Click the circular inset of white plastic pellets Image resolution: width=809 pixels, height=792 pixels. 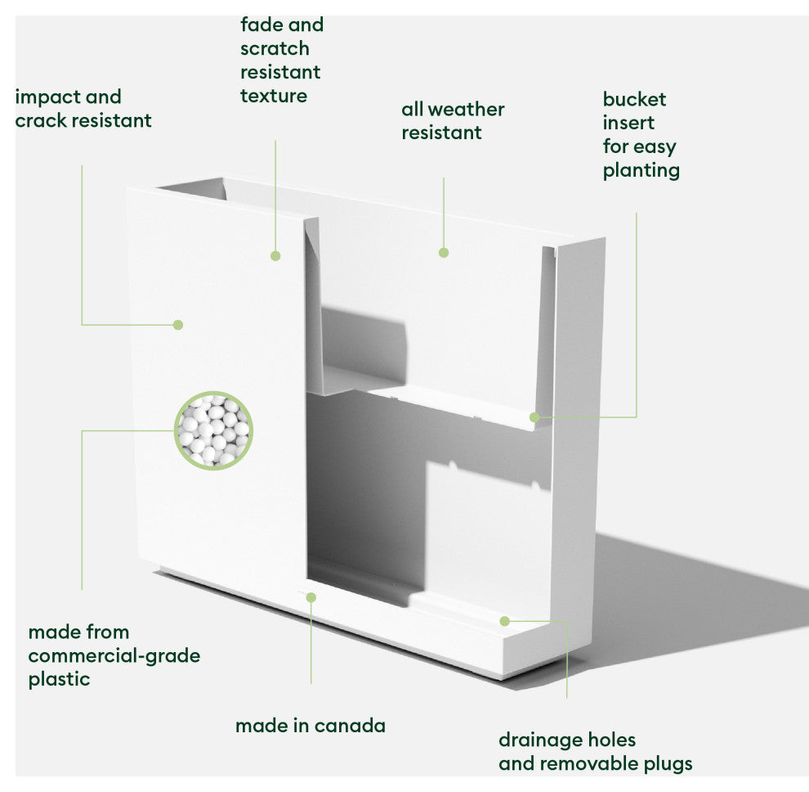(214, 430)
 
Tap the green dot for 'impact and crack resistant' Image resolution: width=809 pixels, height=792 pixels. (178, 325)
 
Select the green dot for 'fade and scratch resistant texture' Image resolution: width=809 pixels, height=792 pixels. (275, 256)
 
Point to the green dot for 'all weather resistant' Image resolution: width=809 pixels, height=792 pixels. (444, 253)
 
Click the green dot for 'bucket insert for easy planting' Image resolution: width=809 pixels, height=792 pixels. (534, 417)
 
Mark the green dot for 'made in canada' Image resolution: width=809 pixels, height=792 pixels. (311, 597)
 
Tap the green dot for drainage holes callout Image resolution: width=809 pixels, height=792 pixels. (505, 621)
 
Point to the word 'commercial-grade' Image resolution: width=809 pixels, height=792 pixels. (114, 655)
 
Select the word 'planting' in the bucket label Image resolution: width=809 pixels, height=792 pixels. (641, 170)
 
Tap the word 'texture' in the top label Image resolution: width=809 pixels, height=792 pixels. (274, 96)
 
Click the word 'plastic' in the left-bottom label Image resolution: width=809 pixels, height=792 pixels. (59, 679)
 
